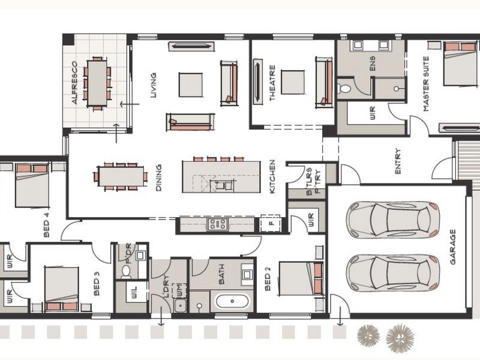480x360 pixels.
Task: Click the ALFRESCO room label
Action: tap(75, 83)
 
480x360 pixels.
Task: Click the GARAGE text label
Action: tap(453, 247)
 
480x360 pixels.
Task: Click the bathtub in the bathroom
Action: tap(232, 301)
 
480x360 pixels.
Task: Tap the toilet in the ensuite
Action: tap(345, 89)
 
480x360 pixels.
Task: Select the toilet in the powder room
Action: tap(126, 271)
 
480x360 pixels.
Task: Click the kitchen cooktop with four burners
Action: tap(217, 224)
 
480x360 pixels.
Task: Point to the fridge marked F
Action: tap(271, 224)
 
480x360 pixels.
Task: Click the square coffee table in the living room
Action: tap(191, 85)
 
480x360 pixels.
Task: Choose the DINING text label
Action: tap(159, 179)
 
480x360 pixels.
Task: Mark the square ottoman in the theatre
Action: tap(293, 83)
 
